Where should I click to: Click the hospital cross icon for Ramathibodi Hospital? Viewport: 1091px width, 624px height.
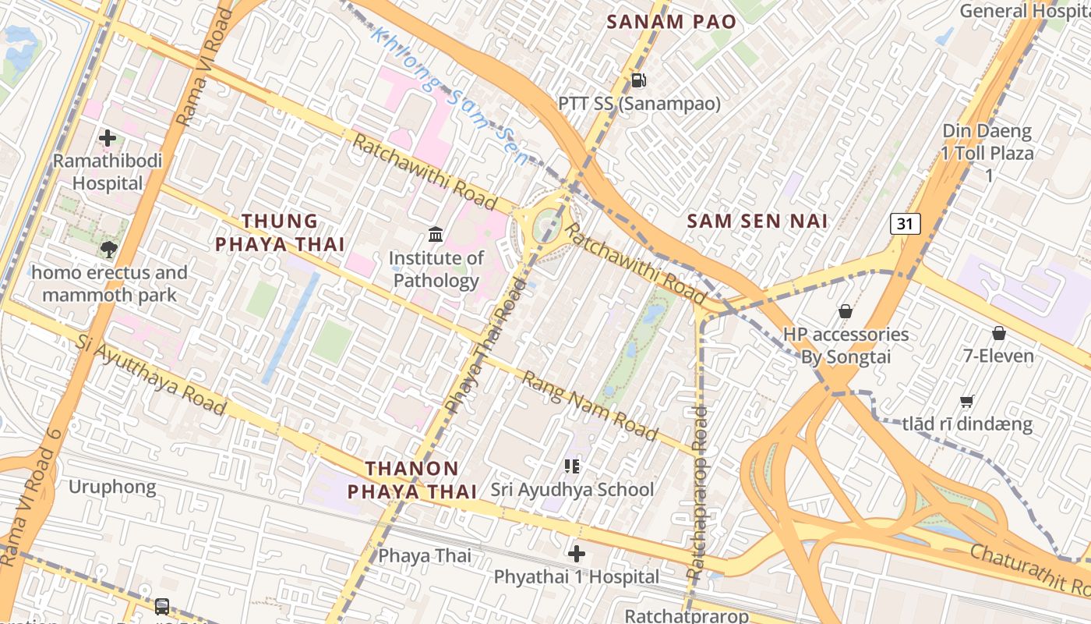click(x=108, y=138)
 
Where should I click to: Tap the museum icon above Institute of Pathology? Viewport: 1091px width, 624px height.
click(x=436, y=234)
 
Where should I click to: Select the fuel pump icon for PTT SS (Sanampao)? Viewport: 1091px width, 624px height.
click(x=638, y=80)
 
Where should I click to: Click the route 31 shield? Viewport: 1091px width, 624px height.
click(x=905, y=224)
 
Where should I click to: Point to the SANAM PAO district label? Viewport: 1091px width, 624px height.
click(x=671, y=22)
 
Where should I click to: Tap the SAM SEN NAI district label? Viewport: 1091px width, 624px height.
click(x=757, y=221)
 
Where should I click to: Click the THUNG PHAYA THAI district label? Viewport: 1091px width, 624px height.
click(x=280, y=232)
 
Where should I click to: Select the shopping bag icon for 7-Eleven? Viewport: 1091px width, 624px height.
click(x=998, y=334)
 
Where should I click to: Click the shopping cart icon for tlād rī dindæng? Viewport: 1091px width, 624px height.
click(x=967, y=402)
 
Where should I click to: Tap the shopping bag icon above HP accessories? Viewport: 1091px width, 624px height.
click(x=845, y=311)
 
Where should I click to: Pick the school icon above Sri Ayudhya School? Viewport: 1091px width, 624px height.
click(x=572, y=466)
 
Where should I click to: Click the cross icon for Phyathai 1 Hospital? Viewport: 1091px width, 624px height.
click(x=577, y=555)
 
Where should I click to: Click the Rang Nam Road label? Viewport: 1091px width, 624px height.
click(x=590, y=406)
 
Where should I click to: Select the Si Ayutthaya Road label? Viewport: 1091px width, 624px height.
click(x=152, y=375)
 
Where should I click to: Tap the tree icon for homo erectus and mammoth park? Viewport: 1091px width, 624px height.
click(x=108, y=250)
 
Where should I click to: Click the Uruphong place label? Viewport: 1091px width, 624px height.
click(x=112, y=487)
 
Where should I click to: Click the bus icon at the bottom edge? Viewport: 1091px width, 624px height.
click(x=162, y=606)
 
